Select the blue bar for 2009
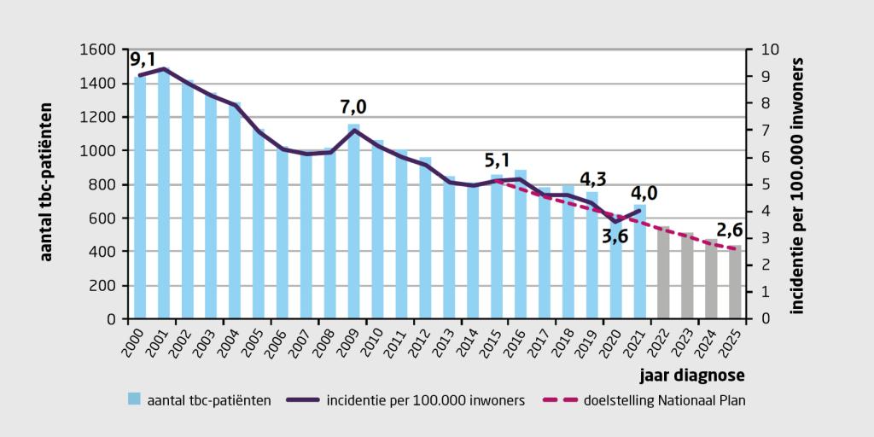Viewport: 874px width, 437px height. pyautogui.click(x=354, y=222)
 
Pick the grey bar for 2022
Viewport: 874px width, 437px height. pyautogui.click(x=663, y=273)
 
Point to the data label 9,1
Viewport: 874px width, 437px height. pyautogui.click(x=143, y=60)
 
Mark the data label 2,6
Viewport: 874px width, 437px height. pyautogui.click(x=730, y=230)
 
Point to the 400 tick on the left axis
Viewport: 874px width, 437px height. pyautogui.click(x=103, y=252)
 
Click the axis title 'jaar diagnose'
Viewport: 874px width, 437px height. pyautogui.click(x=690, y=373)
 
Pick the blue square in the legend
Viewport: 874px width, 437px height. pyautogui.click(x=133, y=399)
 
